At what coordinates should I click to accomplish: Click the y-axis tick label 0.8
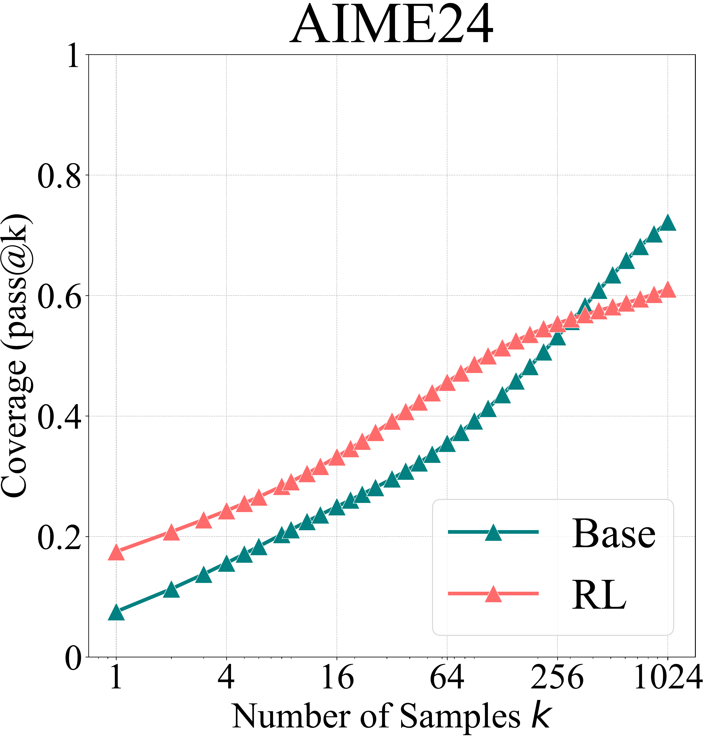(x=59, y=176)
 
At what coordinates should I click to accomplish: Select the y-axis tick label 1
(x=73, y=56)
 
